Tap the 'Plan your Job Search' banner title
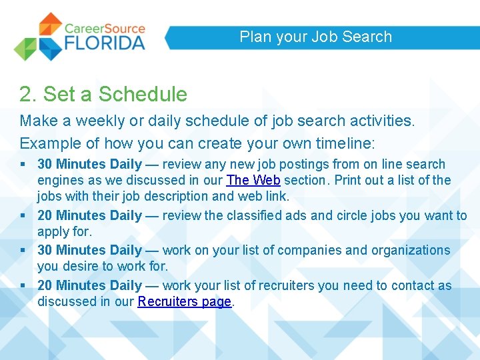tap(315, 37)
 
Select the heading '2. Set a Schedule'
tap(103, 94)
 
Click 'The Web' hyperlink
tap(253, 180)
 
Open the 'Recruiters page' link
tap(185, 301)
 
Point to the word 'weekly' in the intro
tap(99, 121)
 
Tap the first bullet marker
tap(23, 164)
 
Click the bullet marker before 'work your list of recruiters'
tap(23, 285)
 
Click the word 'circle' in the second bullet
tap(337, 215)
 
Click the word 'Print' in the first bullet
tap(348, 180)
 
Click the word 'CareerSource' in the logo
tap(105, 28)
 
